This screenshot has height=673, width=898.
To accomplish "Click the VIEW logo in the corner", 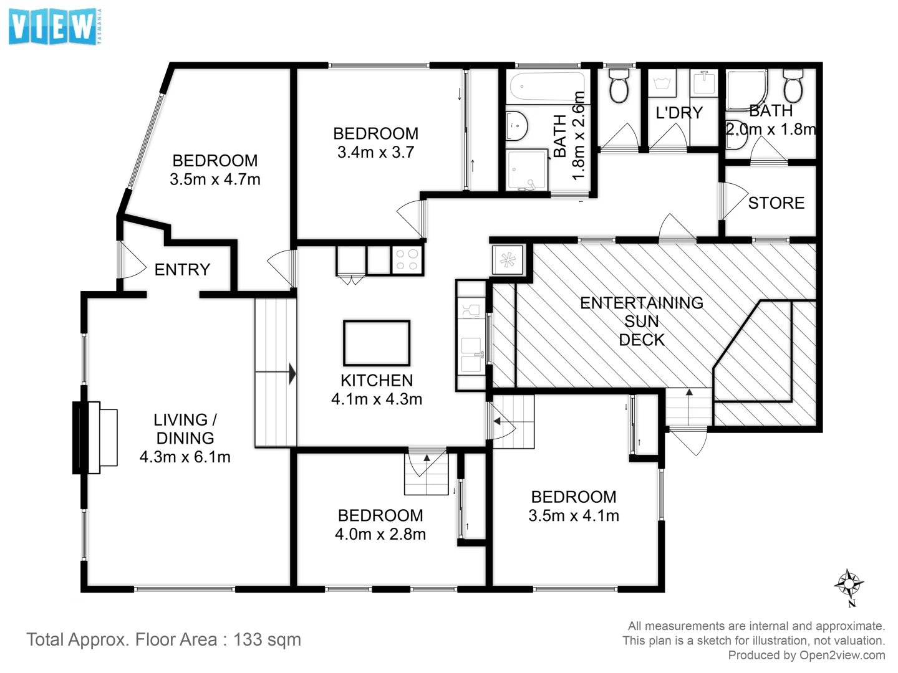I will [55, 26].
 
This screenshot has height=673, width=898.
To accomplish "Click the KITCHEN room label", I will [377, 380].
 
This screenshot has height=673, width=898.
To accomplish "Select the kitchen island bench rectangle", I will [377, 343].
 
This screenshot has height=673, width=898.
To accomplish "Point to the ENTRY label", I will [182, 269].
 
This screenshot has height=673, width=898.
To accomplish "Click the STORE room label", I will [776, 203].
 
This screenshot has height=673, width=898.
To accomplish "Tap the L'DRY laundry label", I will [679, 113].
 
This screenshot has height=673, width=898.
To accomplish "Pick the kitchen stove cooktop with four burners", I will [407, 259].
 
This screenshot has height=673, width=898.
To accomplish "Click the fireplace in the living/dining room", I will [97, 437].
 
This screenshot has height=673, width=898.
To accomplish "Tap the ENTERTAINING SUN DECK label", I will [642, 321].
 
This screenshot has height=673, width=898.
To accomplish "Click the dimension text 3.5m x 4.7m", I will [215, 179].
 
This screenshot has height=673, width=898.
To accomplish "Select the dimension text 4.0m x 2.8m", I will [380, 534].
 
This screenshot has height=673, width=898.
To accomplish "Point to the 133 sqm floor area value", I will [267, 639].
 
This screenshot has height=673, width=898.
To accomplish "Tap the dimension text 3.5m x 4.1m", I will [574, 515].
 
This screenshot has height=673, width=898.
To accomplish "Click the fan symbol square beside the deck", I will [508, 259].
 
